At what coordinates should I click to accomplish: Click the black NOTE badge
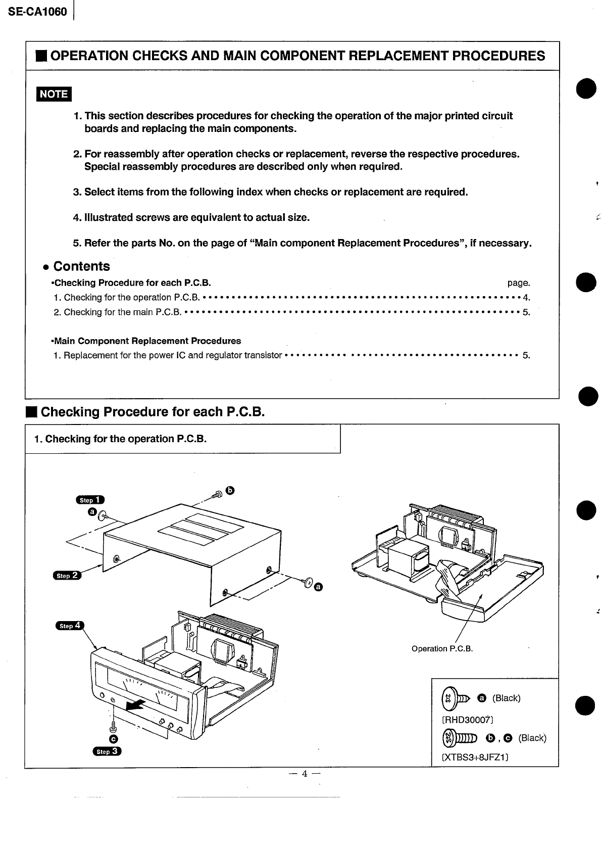54,94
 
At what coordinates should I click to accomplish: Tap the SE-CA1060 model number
37,11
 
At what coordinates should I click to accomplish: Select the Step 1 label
90,500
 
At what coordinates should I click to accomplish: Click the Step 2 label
67,576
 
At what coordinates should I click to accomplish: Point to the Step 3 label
107,751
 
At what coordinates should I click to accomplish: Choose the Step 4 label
70,626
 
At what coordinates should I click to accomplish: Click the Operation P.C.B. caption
442,648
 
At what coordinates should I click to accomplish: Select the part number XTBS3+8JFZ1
475,757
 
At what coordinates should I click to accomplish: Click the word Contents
81,266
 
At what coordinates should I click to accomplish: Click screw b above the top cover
218,494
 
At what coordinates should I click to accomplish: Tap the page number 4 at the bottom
304,774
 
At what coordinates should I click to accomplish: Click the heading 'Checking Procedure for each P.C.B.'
153,412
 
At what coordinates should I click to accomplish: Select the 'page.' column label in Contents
518,283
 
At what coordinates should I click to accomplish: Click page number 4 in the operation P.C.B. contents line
526,298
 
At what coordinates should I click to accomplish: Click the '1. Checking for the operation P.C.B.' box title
121,439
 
